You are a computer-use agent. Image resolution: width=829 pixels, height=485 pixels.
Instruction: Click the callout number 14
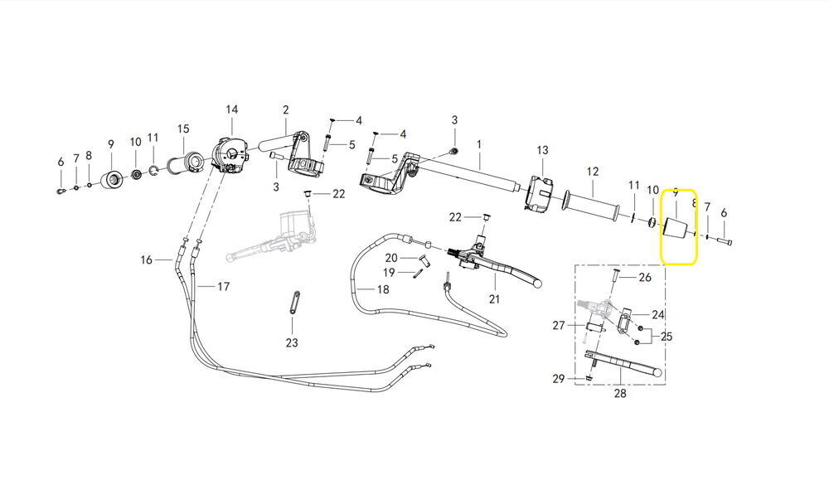[231, 109]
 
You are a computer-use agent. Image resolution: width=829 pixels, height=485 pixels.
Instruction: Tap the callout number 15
[183, 129]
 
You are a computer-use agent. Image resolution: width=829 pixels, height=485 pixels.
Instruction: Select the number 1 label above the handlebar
[479, 144]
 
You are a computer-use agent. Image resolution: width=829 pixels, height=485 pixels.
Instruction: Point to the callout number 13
[542, 150]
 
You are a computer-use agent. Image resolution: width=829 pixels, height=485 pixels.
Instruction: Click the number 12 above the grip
[593, 172]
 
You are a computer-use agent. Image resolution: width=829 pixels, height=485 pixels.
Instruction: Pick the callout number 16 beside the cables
[147, 259]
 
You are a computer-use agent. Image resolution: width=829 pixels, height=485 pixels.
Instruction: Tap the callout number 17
[224, 287]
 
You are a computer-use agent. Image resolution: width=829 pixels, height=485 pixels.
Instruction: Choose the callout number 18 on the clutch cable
[383, 289]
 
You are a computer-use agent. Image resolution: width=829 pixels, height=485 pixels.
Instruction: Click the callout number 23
[292, 342]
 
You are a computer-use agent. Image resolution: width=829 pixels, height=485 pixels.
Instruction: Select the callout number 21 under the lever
[494, 299]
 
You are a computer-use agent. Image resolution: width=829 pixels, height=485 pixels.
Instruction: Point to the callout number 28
[620, 394]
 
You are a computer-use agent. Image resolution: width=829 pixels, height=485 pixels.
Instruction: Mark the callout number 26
[645, 277]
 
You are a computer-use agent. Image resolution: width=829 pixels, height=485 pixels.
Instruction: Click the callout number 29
[559, 379]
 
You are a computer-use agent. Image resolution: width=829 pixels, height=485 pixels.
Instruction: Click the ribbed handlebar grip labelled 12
[592, 206]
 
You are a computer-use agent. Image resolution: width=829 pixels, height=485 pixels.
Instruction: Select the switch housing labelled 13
[539, 195]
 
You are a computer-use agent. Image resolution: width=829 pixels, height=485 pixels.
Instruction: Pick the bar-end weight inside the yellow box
[675, 228]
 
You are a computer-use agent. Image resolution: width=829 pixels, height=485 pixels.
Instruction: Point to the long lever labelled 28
[624, 364]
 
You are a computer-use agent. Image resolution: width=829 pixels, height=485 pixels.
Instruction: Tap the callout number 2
[285, 110]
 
